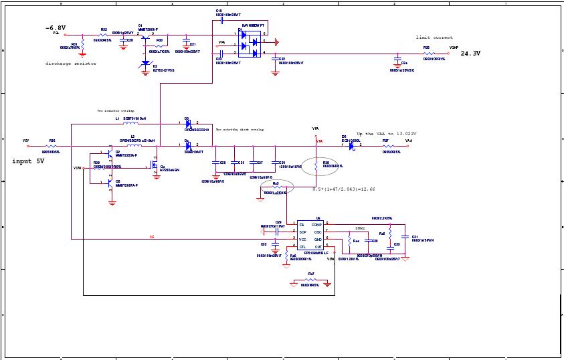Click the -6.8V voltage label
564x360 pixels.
55,28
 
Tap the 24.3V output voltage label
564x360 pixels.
471,53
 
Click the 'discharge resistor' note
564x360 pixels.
71,64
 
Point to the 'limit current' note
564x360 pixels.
434,37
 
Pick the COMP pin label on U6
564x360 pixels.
326,225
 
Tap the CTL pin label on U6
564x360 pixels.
302,247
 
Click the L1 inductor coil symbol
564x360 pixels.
131,124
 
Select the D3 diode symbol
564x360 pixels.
188,124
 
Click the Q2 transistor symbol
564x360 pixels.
110,155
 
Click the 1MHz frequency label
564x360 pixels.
360,228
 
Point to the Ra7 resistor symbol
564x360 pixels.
309,280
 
